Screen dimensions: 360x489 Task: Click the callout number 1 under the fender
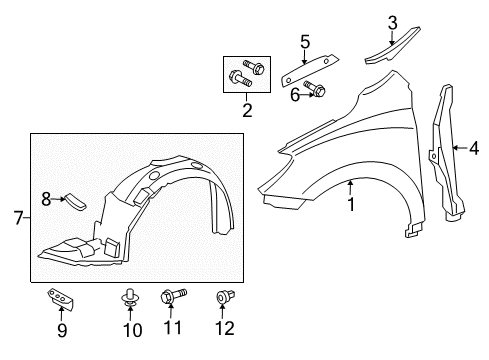click(351, 205)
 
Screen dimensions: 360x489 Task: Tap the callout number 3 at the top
click(393, 21)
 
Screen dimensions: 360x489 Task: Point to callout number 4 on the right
click(473, 149)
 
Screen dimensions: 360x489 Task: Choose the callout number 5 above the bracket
click(305, 43)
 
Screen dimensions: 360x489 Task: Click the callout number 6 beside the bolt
click(295, 94)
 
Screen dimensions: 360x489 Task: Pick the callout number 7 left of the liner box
click(17, 217)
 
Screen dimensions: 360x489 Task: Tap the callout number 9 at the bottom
click(62, 329)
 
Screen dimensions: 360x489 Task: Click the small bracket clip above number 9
click(62, 298)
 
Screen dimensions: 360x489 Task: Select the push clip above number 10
click(130, 297)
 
